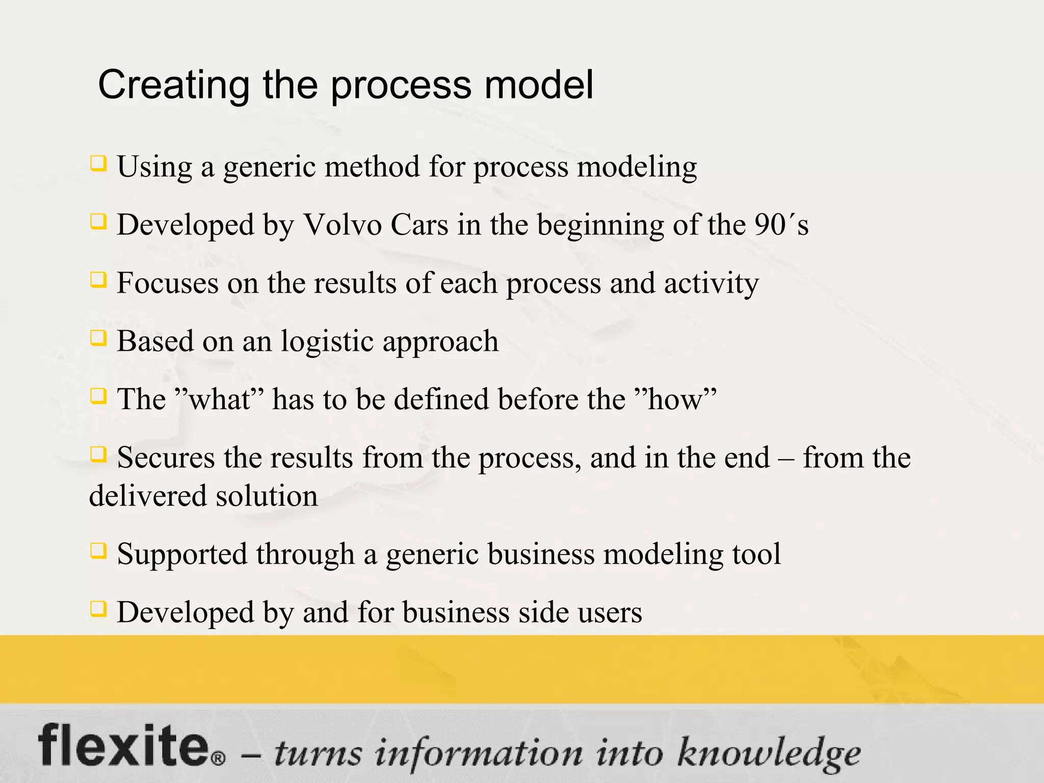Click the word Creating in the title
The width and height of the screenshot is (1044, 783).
[173, 85]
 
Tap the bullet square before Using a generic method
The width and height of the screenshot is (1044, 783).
[98, 164]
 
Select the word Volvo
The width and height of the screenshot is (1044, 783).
[343, 225]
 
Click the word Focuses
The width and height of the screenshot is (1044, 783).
[167, 283]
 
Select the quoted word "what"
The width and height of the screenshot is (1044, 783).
[219, 399]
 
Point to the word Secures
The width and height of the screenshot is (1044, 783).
[166, 457]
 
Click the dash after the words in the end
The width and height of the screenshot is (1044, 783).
[786, 458]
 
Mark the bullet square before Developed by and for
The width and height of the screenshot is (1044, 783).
[98, 609]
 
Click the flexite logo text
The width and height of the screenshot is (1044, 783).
[122, 745]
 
